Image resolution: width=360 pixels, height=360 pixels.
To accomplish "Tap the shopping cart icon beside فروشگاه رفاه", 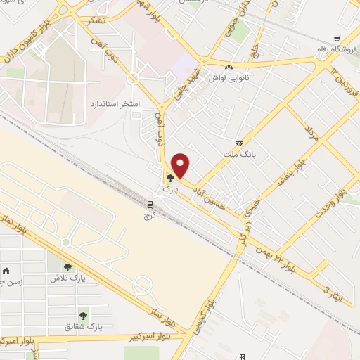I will [x=338, y=38].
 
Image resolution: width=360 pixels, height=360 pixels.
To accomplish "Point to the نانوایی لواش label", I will [x=225, y=77].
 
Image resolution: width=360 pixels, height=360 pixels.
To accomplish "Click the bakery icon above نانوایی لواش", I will [x=229, y=66].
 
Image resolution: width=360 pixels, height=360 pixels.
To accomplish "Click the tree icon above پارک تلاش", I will [x=67, y=266].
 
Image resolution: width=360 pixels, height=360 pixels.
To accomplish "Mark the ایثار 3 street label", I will [x=336, y=289].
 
